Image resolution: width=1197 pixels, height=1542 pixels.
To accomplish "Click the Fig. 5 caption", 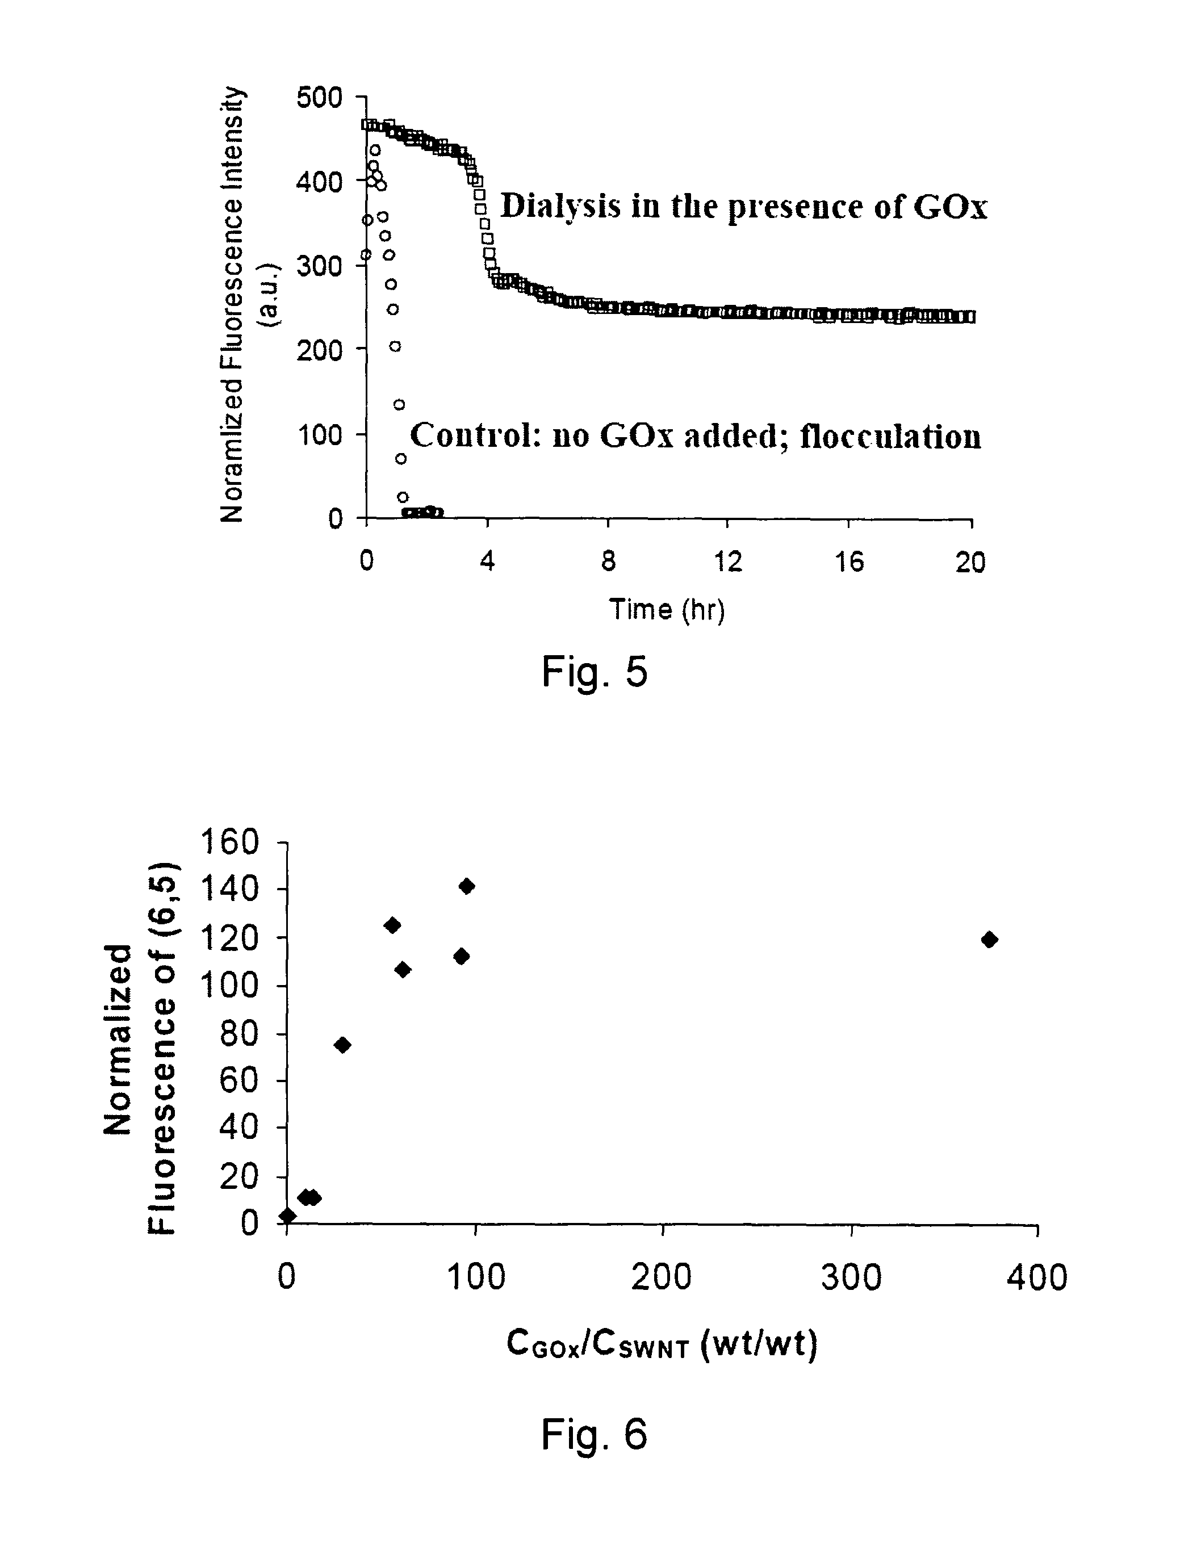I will coord(594,672).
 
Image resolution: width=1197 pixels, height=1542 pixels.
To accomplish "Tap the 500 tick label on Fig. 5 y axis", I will coord(319,98).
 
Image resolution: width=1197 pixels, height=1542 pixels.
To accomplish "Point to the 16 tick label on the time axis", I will coord(849,562).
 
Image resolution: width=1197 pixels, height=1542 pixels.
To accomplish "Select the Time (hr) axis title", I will coord(667,609).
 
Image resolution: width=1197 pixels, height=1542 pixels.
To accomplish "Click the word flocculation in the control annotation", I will coord(890,437).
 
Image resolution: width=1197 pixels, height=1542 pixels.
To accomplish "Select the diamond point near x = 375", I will coord(989,939).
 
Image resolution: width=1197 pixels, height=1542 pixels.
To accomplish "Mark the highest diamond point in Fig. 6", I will coord(467,886).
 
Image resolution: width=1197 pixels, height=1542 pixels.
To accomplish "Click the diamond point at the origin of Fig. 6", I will coord(287,1215).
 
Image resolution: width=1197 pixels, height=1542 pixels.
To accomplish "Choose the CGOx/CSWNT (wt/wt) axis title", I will coord(662,1344).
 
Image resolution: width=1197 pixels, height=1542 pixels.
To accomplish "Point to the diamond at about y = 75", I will coord(342,1045).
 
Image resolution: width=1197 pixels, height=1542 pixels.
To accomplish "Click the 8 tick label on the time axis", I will coord(608,562).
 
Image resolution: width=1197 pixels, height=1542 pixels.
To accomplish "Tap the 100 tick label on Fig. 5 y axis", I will coord(319,434).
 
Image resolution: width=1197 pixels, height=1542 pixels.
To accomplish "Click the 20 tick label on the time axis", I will coord(970,562).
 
